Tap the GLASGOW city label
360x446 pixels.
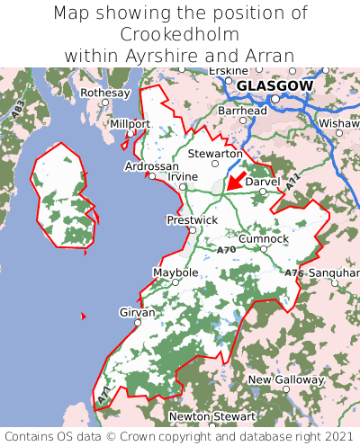(x=274, y=85)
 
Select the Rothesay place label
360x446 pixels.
(x=105, y=93)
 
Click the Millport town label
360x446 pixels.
(x=130, y=123)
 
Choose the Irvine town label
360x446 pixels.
(x=182, y=176)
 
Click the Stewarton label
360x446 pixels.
(x=215, y=154)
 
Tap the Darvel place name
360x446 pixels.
(x=263, y=181)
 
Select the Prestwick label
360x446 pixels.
(x=192, y=219)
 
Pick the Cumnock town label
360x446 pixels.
(x=264, y=238)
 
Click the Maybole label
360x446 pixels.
(x=175, y=272)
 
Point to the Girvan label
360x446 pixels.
(x=137, y=312)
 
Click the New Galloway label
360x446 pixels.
(x=285, y=379)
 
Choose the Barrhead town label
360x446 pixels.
(x=242, y=110)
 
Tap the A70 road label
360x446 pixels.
(x=226, y=249)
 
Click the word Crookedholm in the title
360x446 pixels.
(x=179, y=34)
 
